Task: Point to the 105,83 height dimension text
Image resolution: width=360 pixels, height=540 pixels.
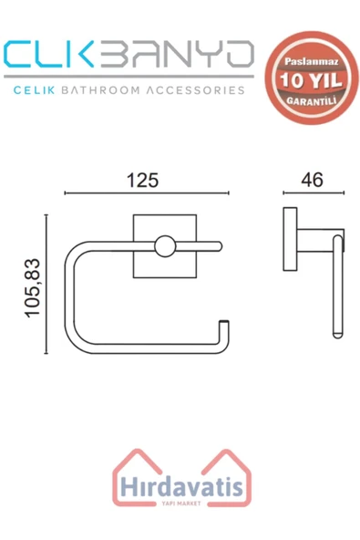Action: (x=34, y=285)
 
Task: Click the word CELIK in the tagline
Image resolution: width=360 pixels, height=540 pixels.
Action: (x=36, y=90)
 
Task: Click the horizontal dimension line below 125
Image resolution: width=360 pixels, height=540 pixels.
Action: (x=146, y=194)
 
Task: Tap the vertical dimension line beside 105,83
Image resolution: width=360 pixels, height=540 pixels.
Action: (x=46, y=285)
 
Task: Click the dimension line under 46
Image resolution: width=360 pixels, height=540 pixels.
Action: (x=313, y=193)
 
